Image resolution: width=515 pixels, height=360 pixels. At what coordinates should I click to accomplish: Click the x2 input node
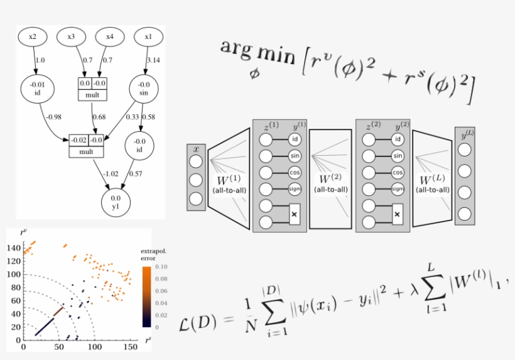pyautogui.click(x=33, y=37)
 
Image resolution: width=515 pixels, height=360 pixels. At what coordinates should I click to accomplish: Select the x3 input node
pyautogui.click(x=72, y=37)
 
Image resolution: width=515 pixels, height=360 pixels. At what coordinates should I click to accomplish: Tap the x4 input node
pyautogui.click(x=110, y=37)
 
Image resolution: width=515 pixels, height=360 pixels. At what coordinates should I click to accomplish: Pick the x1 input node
pyautogui.click(x=148, y=37)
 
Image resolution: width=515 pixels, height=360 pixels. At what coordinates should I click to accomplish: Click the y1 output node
pyautogui.click(x=116, y=202)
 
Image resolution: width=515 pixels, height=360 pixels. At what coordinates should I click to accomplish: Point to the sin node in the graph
pyautogui.click(x=144, y=89)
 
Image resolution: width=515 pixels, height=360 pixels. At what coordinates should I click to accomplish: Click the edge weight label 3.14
pyautogui.click(x=154, y=60)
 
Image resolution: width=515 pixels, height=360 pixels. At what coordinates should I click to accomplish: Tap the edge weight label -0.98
pyautogui.click(x=53, y=116)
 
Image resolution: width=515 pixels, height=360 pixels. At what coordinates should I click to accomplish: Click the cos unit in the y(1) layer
pyautogui.click(x=295, y=172)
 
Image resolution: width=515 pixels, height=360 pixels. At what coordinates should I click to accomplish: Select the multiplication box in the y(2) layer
pyautogui.click(x=398, y=213)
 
